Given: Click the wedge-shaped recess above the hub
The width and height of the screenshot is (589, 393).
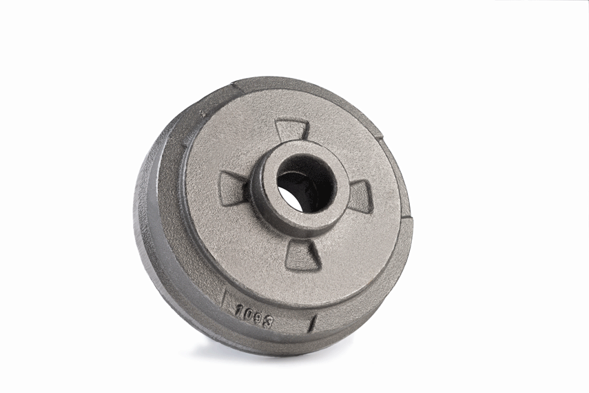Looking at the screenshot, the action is coord(291,134).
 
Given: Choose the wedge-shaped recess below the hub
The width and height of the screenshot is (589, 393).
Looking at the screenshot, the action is coord(302,256).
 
